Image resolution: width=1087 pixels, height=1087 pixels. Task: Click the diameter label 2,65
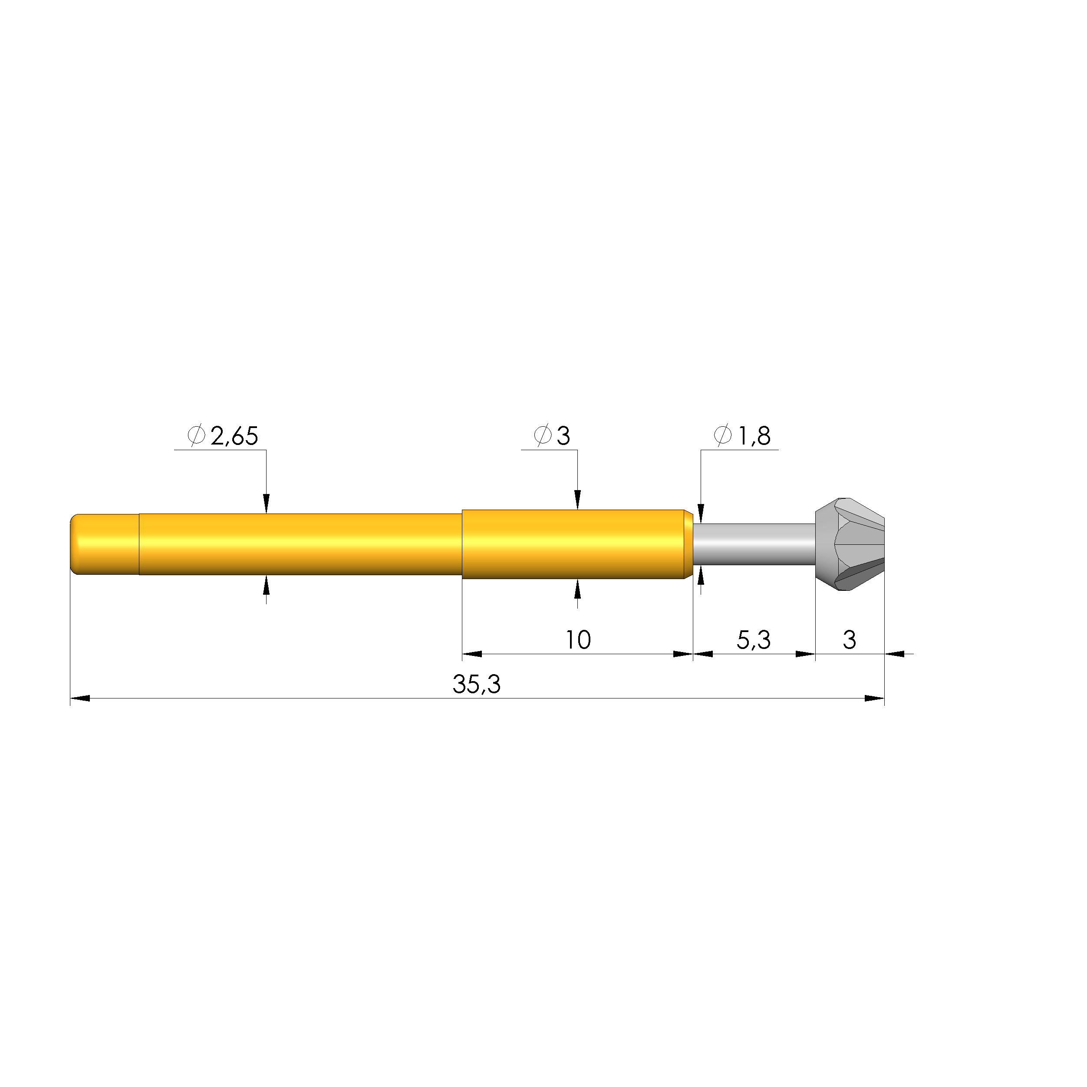[234, 436]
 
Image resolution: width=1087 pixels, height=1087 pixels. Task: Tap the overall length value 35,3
[477, 685]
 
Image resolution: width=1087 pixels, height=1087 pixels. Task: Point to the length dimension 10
[578, 640]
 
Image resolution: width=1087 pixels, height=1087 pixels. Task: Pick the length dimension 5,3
[753, 640]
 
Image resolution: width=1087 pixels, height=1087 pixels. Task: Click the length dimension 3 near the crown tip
[850, 640]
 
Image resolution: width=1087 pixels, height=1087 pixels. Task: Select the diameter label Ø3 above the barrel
[552, 436]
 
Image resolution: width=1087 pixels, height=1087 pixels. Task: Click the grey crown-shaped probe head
[850, 544]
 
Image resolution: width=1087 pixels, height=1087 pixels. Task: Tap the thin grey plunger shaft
[754, 544]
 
